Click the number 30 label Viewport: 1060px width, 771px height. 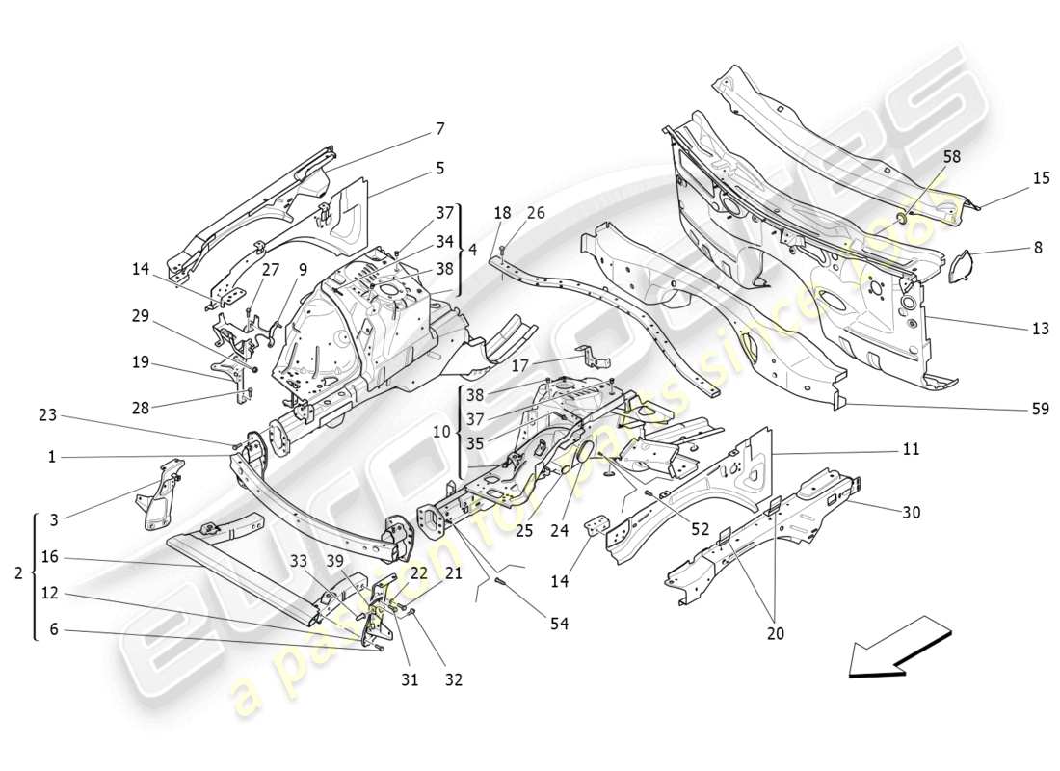click(911, 513)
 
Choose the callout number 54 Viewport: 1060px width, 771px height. click(559, 625)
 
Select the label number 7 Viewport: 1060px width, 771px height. click(439, 128)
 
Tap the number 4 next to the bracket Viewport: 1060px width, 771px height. click(471, 249)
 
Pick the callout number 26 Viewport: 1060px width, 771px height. click(536, 213)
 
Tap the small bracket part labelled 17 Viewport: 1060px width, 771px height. click(590, 357)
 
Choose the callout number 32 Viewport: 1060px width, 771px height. click(453, 679)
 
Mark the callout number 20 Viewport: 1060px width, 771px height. click(776, 633)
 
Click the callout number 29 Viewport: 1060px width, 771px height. click(141, 315)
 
